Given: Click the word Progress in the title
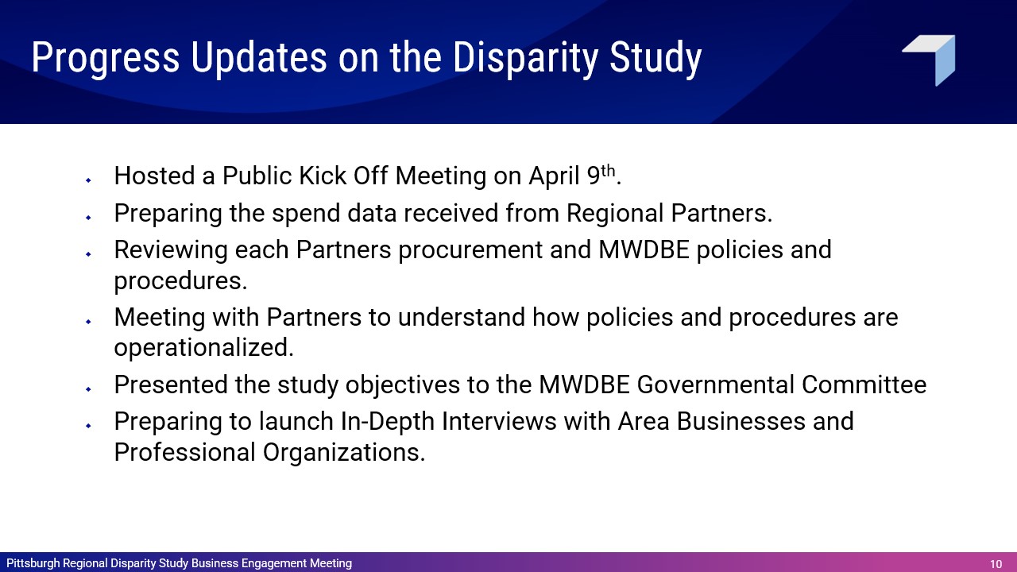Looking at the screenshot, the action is click(x=106, y=58).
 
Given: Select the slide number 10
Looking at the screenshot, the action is click(x=996, y=564).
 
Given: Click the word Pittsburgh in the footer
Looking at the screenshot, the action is click(x=33, y=563).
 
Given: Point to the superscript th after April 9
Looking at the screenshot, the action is click(x=608, y=171).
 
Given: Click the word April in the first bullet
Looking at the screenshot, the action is click(x=554, y=176).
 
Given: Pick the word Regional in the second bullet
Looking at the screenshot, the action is click(x=615, y=214).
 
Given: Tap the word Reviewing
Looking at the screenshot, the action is click(x=171, y=250).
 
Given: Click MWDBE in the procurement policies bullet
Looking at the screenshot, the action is click(x=644, y=249).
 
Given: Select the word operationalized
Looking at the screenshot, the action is click(x=204, y=348).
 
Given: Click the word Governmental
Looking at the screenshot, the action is click(x=716, y=385).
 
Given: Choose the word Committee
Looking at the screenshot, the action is click(x=864, y=385).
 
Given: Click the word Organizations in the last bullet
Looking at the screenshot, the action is click(x=344, y=453).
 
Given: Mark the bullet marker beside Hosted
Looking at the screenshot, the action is click(x=88, y=180).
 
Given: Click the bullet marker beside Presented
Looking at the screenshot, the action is click(x=88, y=389).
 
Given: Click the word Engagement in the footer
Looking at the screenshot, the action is click(x=274, y=564).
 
